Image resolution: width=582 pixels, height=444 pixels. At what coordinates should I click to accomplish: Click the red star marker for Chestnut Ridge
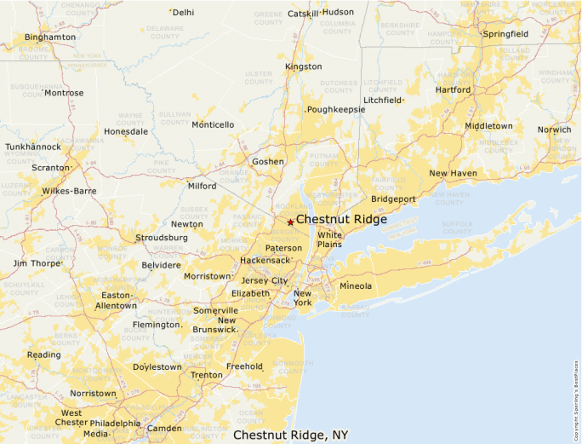290,222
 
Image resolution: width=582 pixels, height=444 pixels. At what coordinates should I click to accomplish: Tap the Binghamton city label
50,37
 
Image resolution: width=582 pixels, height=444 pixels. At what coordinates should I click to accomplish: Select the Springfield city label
505,34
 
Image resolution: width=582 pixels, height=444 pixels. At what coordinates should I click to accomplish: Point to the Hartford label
453,89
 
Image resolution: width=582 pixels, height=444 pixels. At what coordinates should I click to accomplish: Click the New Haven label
453,173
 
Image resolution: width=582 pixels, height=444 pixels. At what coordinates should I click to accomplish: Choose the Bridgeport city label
393,199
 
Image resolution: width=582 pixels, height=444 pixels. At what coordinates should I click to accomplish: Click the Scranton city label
50,168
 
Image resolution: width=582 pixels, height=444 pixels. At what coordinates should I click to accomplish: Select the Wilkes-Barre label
69,191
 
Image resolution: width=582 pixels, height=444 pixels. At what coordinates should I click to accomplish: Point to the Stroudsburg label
162,238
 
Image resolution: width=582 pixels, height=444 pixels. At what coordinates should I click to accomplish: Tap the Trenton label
207,375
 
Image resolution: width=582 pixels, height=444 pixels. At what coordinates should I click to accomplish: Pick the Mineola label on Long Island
356,285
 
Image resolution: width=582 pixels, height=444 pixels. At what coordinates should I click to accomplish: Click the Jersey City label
265,280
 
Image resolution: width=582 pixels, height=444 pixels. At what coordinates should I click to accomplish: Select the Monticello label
213,124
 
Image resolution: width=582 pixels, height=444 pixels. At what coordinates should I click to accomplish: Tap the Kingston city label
304,66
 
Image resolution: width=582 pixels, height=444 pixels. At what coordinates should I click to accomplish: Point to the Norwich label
554,130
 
